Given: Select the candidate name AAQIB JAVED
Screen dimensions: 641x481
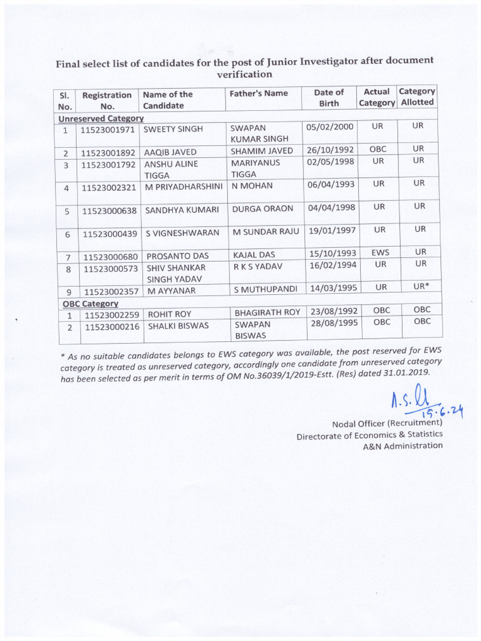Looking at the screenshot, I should coord(171,152).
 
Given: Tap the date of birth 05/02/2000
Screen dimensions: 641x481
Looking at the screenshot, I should coord(331,127).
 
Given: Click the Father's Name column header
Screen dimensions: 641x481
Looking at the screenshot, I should coord(259,93).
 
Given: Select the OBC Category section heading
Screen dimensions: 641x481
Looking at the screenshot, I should coord(90,303).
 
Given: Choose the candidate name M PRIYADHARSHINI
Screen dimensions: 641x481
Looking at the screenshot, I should coord(184,186).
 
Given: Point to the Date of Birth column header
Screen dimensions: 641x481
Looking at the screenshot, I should coord(329,98).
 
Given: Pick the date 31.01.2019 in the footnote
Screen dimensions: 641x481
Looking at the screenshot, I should coord(406,371).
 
